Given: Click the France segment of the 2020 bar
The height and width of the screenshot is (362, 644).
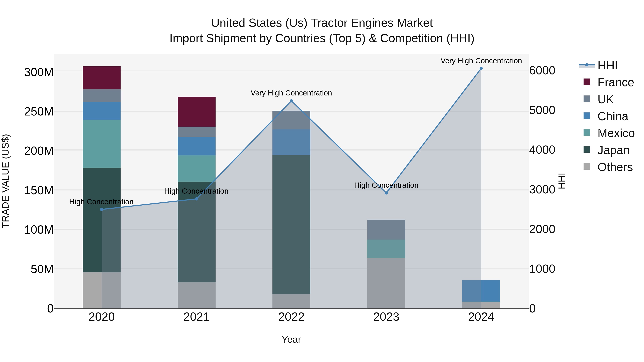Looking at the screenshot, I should (x=101, y=78).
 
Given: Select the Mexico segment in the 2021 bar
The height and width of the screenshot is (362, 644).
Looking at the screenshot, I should (x=196, y=168).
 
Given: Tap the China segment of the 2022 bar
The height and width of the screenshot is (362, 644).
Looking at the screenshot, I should (x=291, y=142).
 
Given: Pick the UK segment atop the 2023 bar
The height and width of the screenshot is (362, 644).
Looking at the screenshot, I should (x=386, y=230).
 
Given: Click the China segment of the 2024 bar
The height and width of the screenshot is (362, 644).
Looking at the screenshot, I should (x=481, y=291).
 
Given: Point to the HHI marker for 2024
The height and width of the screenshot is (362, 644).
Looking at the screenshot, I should (x=481, y=68).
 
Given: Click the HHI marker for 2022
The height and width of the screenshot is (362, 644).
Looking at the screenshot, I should (x=291, y=101).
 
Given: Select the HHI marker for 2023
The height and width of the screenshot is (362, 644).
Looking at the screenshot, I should (x=386, y=193).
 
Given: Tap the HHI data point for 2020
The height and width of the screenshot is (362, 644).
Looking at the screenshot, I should (x=101, y=209).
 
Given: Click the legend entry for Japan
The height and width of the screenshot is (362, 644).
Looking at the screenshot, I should (x=613, y=150).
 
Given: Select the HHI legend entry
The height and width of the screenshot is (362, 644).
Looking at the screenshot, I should (x=607, y=65).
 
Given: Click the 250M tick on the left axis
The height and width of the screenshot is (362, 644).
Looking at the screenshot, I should (x=39, y=111).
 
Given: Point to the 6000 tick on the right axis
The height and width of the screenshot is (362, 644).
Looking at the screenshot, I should (x=542, y=70).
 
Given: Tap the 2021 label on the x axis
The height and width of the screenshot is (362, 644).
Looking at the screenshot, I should (x=196, y=317).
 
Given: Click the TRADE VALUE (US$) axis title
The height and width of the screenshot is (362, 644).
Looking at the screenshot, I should (x=6, y=181).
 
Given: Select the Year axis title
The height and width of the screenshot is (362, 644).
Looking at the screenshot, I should (x=291, y=339).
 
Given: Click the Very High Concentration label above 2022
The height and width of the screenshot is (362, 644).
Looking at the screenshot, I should (x=291, y=93).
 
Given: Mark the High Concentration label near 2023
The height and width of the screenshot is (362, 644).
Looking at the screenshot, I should (x=386, y=185).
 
